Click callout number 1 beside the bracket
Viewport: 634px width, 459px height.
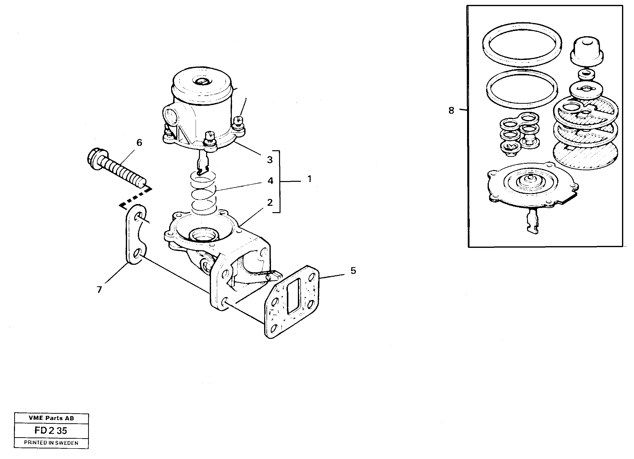309,179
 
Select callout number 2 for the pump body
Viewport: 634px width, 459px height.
270,202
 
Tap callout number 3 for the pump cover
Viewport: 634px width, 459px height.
270,160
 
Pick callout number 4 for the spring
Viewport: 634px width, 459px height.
270,181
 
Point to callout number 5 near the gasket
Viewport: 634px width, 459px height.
353,270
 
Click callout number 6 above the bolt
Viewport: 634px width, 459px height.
139,142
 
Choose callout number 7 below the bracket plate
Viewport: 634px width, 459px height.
99,290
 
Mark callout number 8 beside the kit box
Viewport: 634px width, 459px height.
451,110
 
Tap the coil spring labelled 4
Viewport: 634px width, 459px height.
204,193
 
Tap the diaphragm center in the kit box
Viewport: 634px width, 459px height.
530,179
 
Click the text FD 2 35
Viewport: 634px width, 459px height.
51,431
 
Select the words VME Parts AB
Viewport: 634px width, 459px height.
51,418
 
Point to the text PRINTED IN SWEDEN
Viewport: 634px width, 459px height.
51,443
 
